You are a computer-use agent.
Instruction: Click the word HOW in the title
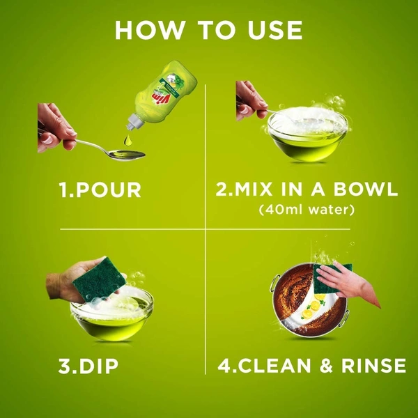[150, 30]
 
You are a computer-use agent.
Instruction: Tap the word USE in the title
[275, 30]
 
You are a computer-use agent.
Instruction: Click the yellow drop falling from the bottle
[128, 141]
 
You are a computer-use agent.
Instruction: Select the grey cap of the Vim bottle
[134, 121]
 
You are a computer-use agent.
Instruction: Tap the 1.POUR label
[100, 190]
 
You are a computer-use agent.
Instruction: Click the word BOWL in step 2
[366, 189]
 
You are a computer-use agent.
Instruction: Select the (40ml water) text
[307, 210]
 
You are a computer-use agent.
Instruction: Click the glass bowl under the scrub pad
[112, 317]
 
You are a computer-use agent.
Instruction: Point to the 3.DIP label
[88, 366]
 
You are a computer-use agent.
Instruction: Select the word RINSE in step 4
[373, 365]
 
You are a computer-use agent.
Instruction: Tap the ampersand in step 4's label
[326, 365]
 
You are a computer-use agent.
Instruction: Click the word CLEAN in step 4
[274, 365]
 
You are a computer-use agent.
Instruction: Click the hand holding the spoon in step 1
[56, 127]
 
